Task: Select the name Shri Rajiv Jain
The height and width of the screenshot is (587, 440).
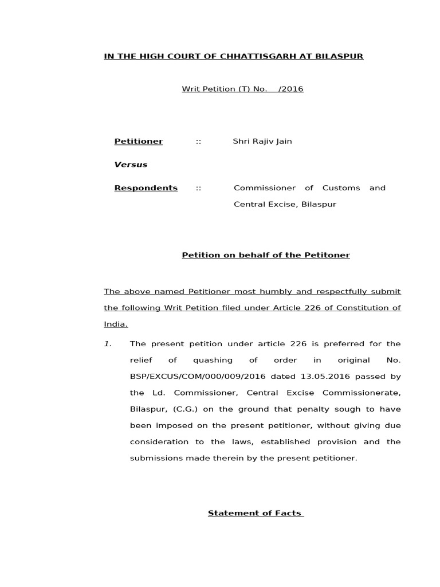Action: point(262,141)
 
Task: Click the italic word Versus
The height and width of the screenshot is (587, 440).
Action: point(131,165)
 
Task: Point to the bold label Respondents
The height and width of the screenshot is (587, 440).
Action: point(146,188)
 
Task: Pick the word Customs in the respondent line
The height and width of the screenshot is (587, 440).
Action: point(341,188)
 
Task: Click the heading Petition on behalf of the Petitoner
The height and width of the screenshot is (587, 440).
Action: point(265,255)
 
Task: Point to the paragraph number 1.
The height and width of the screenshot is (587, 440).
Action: point(107,344)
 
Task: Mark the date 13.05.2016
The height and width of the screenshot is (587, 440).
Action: point(313,377)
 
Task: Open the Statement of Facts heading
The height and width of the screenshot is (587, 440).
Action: point(255,513)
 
